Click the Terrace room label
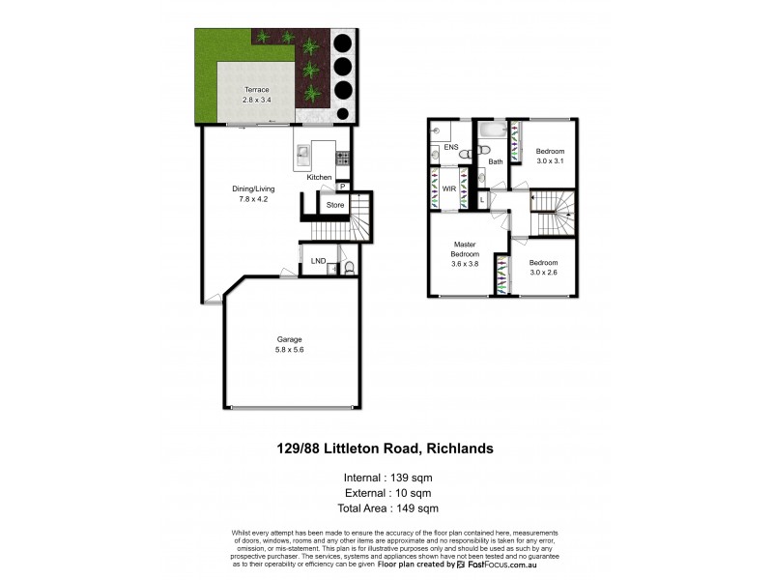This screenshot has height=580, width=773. [256, 90]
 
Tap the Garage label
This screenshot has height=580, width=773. [290, 339]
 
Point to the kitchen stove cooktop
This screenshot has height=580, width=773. [343, 157]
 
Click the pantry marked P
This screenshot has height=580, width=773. [342, 188]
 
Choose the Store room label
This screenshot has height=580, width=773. [334, 205]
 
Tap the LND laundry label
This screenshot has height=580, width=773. [317, 261]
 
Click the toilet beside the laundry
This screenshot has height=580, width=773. [350, 266]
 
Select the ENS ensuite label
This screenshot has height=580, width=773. [449, 148]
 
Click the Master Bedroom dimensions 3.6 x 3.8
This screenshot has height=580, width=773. [465, 263]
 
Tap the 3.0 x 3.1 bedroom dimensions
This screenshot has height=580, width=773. [549, 160]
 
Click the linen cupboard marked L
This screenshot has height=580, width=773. [483, 201]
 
